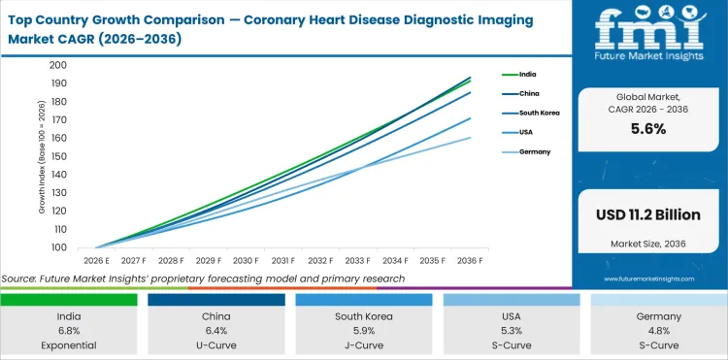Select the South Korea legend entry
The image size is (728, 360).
coord(540,114)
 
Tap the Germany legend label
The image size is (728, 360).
coord(535,152)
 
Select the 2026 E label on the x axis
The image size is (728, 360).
coord(96,260)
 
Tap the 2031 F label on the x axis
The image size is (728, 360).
coord(283,260)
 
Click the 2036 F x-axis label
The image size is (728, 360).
coord(471,260)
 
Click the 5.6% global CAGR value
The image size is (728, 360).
coord(647,129)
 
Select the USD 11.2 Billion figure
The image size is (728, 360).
coord(647,213)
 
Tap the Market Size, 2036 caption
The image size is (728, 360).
coord(647,244)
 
